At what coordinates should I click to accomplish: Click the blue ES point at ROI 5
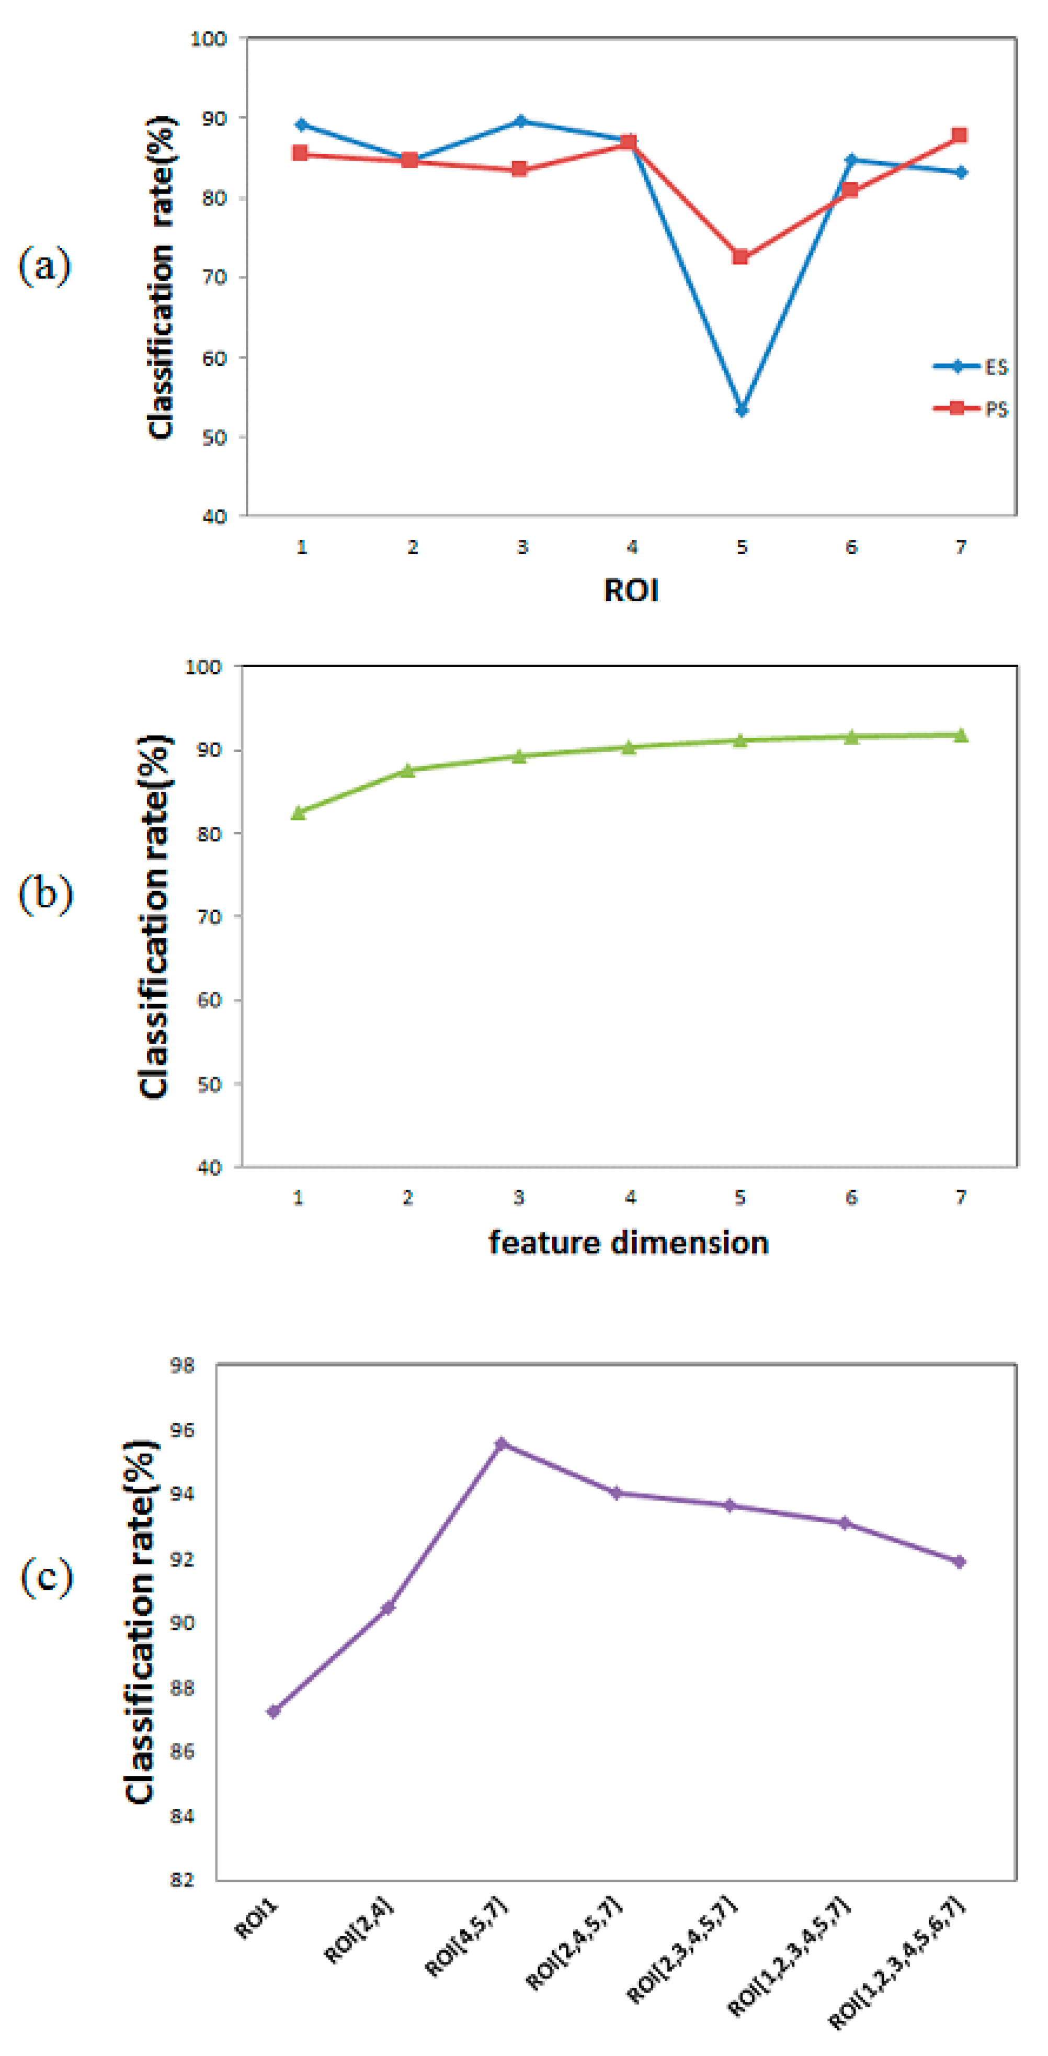tap(742, 410)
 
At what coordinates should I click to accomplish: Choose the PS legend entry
tap(972, 409)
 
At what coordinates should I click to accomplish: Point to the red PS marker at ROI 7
tap(960, 136)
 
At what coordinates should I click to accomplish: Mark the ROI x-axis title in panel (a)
tap(631, 591)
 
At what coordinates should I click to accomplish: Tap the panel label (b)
tap(45, 893)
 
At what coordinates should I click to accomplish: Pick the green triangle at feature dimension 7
tap(961, 735)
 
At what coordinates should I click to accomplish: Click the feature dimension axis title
tap(629, 1243)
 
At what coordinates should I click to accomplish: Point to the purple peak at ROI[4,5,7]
tap(502, 1444)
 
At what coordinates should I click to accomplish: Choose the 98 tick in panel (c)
tap(183, 1366)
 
